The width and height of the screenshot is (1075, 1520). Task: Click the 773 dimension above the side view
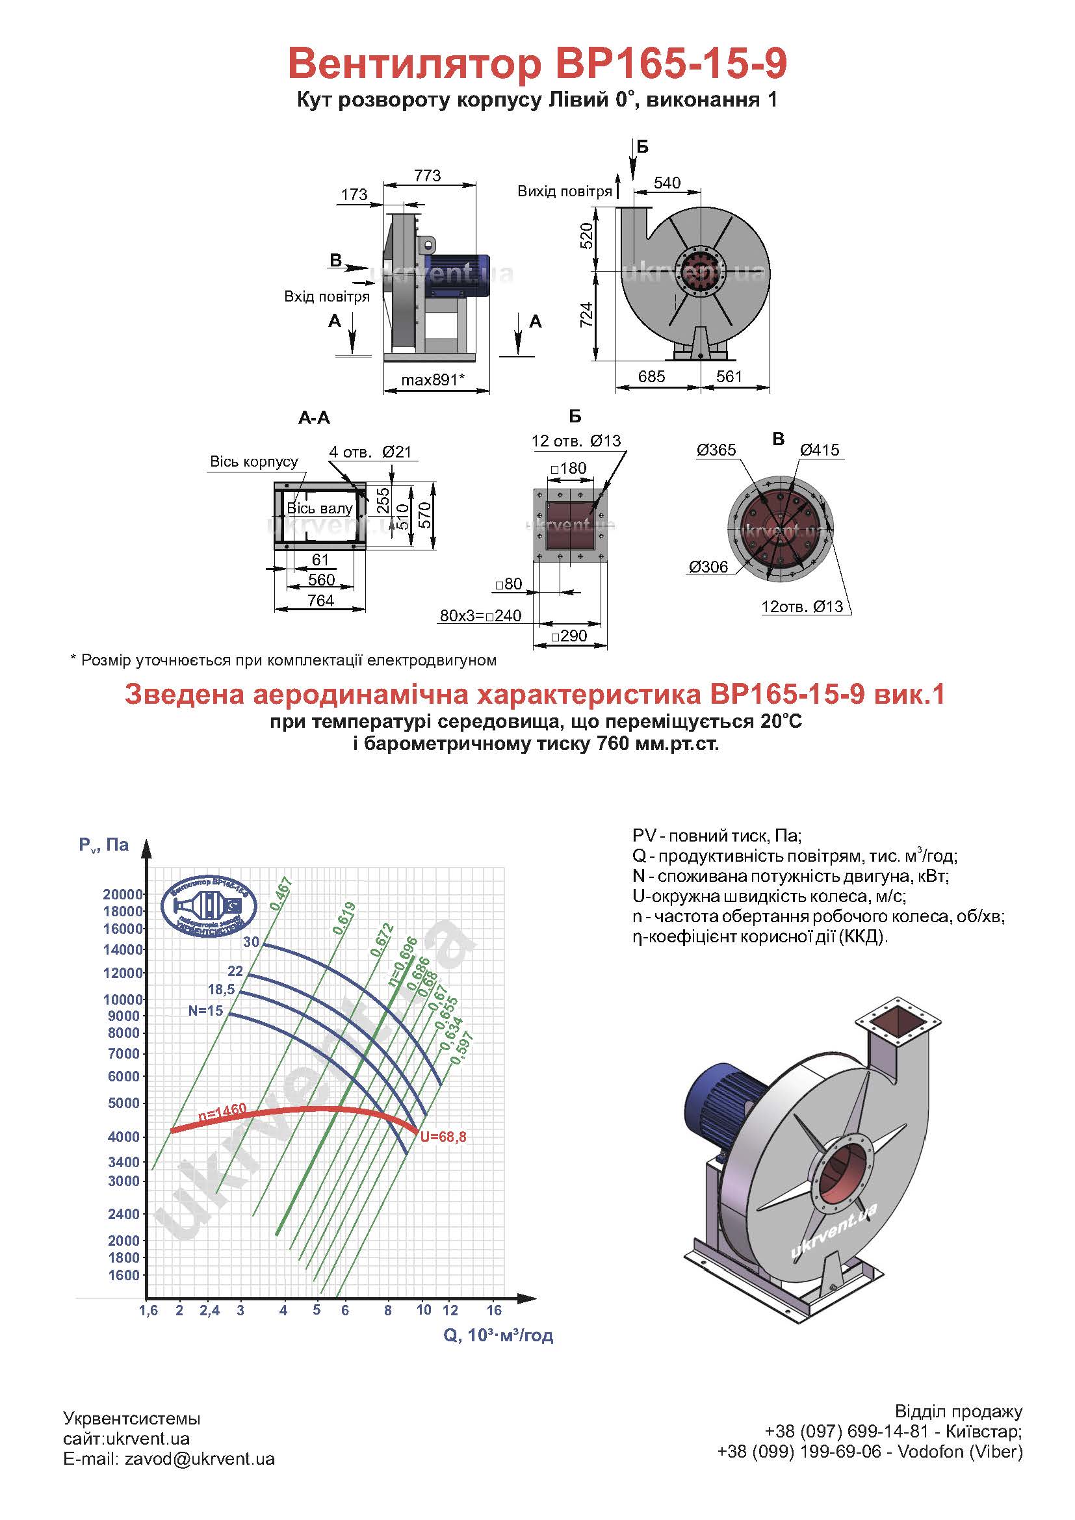click(x=427, y=175)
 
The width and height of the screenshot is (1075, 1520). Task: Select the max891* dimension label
click(x=434, y=380)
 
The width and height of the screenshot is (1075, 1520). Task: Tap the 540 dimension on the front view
click(x=667, y=183)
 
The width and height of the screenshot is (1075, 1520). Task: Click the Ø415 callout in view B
click(x=820, y=450)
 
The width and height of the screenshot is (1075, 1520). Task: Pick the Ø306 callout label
click(x=708, y=567)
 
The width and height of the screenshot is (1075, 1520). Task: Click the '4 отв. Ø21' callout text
click(x=370, y=452)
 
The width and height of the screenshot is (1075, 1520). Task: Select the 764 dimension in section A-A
click(x=320, y=600)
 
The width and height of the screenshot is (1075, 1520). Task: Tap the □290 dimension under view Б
click(x=569, y=636)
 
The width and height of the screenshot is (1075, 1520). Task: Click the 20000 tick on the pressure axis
click(x=123, y=894)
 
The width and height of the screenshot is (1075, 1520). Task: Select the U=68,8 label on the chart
click(x=443, y=1137)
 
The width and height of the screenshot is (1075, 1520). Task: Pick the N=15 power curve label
click(x=206, y=1011)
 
